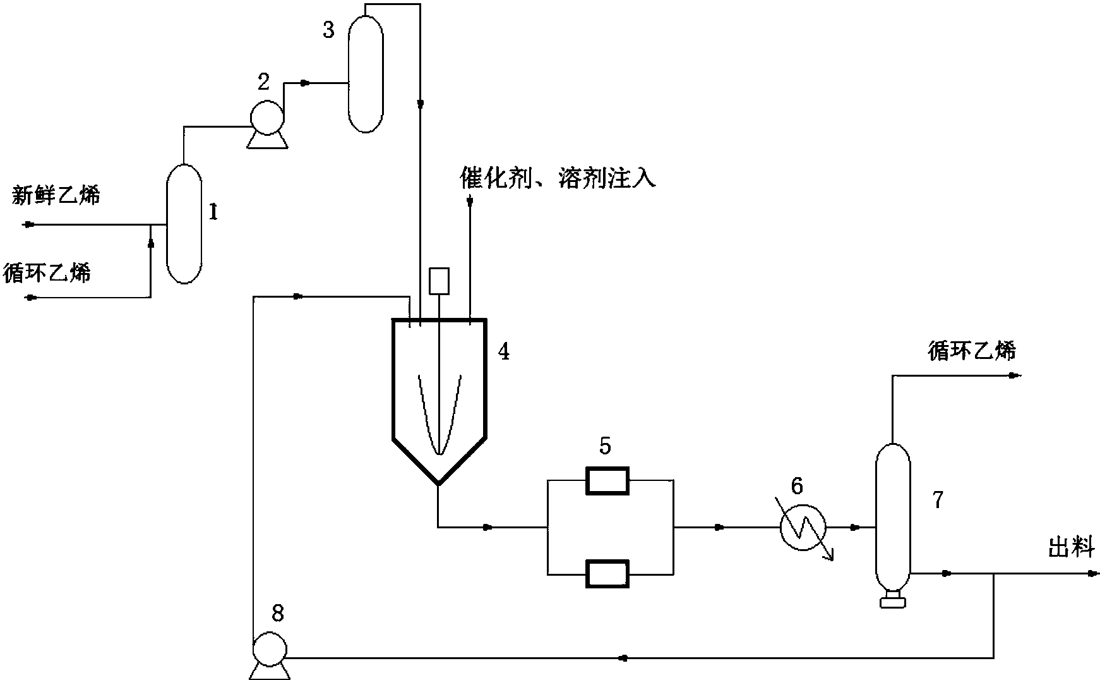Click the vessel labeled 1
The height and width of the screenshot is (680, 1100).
coord(184,224)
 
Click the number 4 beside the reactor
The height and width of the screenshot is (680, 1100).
coord(503,352)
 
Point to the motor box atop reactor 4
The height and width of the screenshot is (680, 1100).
coord(438,281)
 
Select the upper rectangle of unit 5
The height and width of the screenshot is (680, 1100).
coord(607,481)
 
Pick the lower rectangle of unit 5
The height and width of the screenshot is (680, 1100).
coord(607,574)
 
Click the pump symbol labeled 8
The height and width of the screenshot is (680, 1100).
coord(269,649)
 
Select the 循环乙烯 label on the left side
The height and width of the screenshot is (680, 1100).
coord(47,272)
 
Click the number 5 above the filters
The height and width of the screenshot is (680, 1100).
coord(605,446)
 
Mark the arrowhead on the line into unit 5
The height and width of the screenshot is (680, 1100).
coord(487,527)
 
